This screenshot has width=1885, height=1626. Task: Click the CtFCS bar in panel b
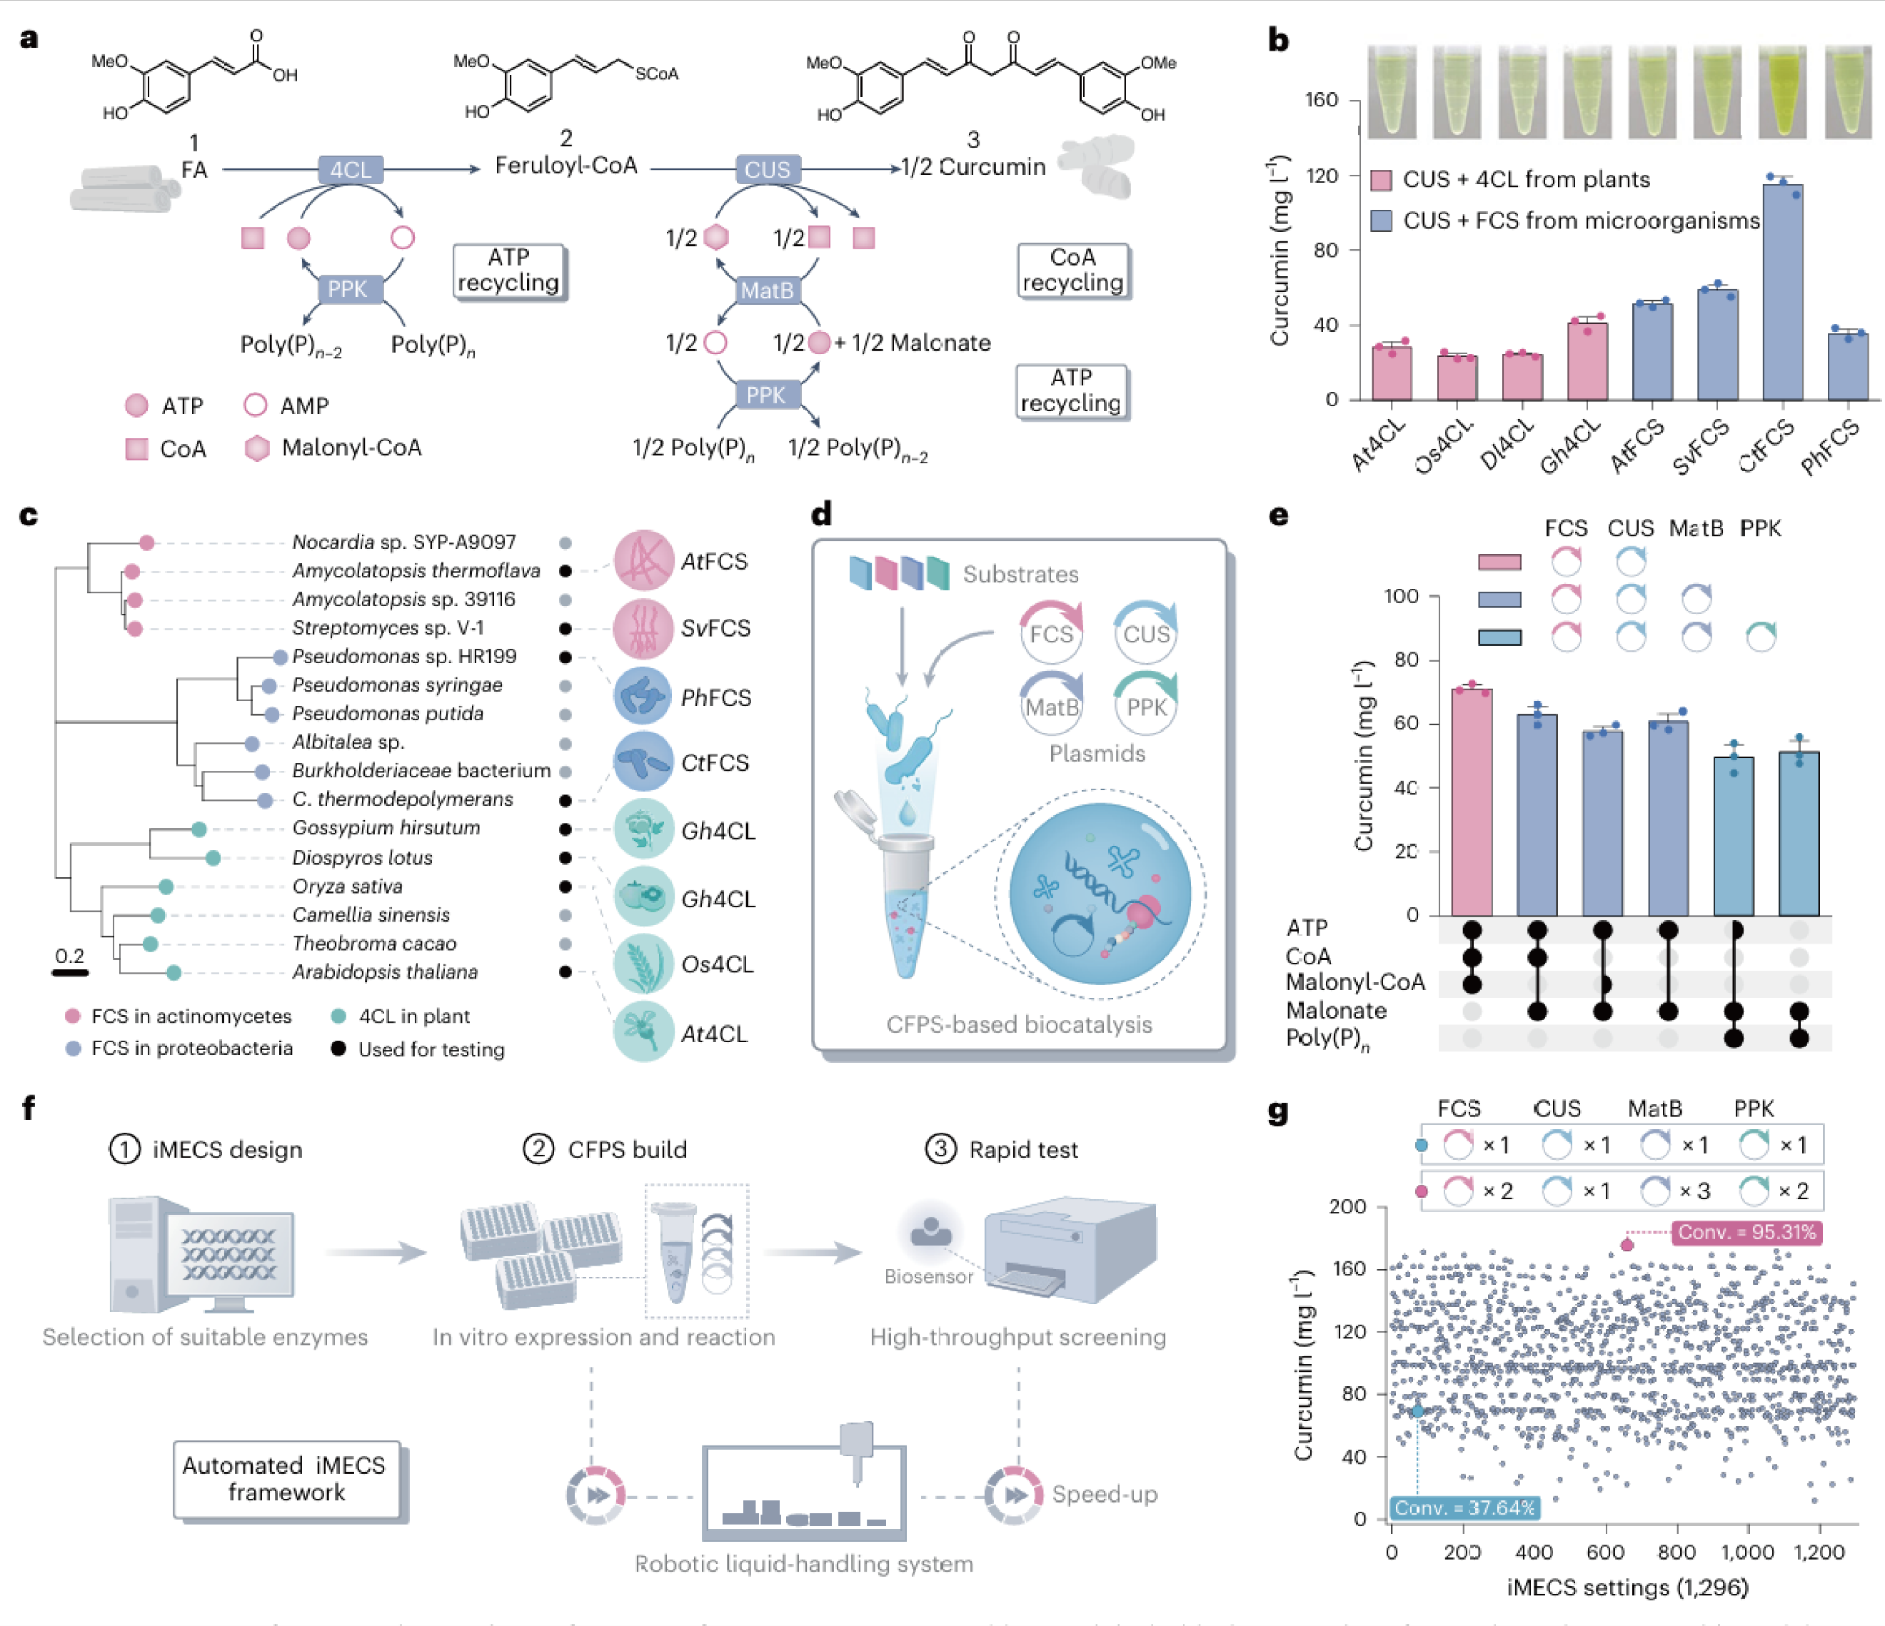tap(1782, 291)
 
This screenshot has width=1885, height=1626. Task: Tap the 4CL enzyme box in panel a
tap(351, 170)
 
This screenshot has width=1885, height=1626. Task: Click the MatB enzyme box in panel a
tap(767, 290)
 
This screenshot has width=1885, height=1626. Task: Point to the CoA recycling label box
tap(1073, 270)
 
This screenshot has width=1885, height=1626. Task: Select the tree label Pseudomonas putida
tap(388, 714)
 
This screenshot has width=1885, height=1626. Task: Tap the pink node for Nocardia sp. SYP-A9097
tap(147, 543)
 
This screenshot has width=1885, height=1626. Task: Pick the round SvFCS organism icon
tap(643, 628)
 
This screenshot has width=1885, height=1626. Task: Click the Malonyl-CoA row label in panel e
tap(1354, 982)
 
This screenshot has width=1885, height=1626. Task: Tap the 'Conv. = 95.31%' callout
tap(1746, 1232)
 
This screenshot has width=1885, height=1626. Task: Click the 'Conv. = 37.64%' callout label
tap(1464, 1508)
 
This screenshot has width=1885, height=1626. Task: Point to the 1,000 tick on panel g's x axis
tap(1746, 1552)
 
